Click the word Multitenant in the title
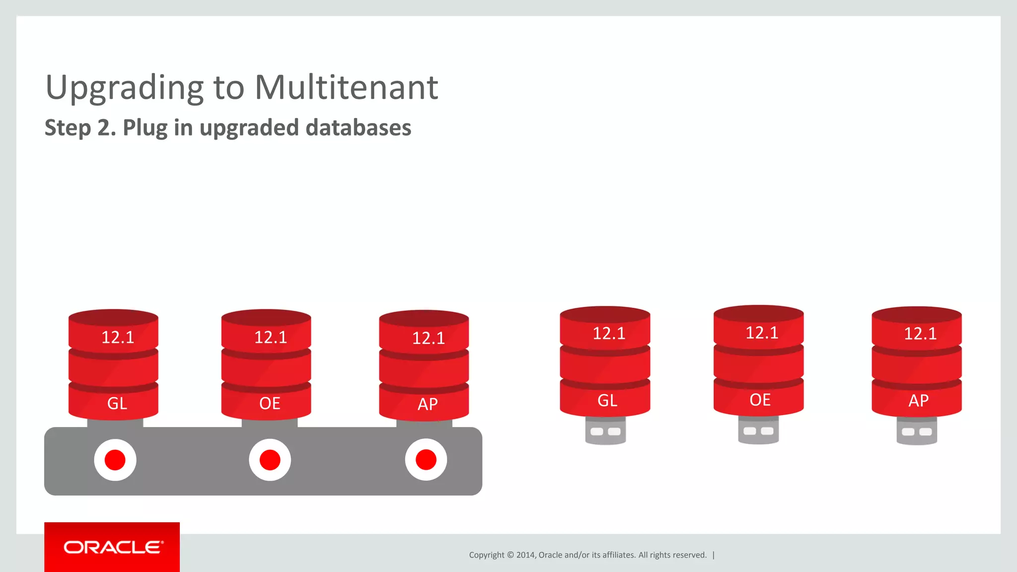point(346,87)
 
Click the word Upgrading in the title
point(124,87)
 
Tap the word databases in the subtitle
point(358,128)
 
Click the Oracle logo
point(112,547)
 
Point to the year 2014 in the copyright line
point(525,555)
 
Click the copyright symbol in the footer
point(510,555)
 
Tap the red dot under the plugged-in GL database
point(115,460)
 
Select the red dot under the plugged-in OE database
point(270,460)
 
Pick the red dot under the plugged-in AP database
point(426,460)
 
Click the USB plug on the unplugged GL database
point(605,430)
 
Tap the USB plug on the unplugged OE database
point(758,430)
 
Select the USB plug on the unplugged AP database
point(917,430)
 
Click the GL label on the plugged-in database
point(117,403)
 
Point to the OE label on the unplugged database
point(760,400)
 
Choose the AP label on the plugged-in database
point(428,404)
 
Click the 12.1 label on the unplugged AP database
point(920,334)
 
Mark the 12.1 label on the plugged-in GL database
point(118,338)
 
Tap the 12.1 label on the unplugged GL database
point(609,333)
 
